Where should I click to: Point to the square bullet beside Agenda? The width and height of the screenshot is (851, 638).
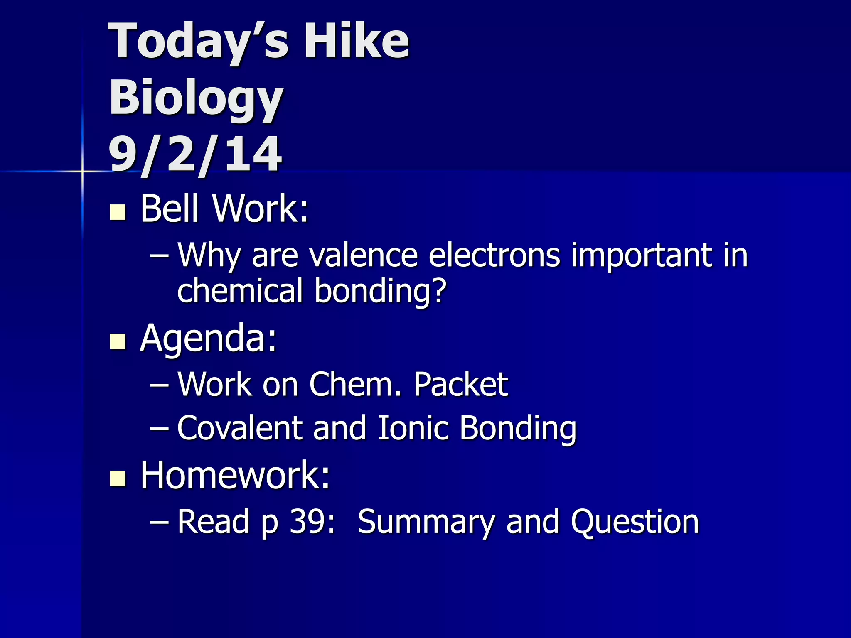pos(118,342)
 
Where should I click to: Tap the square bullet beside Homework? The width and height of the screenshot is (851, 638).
pos(118,478)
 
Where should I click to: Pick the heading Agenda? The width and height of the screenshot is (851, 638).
pos(208,339)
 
